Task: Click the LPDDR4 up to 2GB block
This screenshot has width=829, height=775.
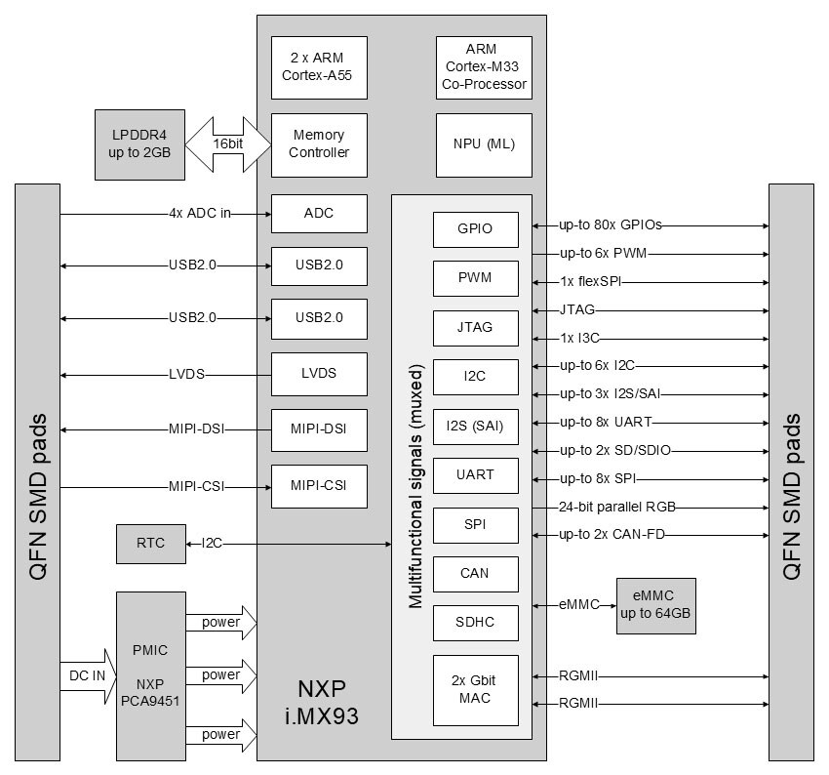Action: [x=138, y=144]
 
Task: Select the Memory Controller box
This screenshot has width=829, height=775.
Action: [x=319, y=144]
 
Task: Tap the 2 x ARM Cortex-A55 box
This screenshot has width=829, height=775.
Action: [x=319, y=67]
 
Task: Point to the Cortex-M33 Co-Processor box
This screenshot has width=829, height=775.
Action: [x=484, y=67]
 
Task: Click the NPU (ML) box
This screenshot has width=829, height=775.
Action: [x=484, y=144]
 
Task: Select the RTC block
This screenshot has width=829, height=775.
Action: [x=150, y=544]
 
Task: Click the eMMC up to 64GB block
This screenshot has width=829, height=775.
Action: [x=656, y=605]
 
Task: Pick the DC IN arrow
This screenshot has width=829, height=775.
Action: [x=86, y=674]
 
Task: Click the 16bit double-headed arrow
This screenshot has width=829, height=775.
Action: [x=228, y=143]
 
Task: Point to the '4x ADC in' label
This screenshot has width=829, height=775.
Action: [x=199, y=214]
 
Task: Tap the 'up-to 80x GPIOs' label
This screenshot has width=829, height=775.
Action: [x=611, y=225]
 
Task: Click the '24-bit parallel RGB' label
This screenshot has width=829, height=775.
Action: [x=618, y=508]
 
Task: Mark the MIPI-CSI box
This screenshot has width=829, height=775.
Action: [x=319, y=484]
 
